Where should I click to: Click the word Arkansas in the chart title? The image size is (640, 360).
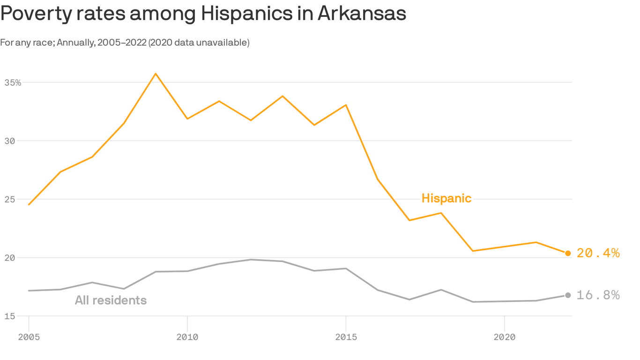pyautogui.click(x=362, y=14)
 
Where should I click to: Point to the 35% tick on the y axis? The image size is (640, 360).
pyautogui.click(x=13, y=82)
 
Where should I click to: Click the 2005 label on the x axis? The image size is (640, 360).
pyautogui.click(x=29, y=337)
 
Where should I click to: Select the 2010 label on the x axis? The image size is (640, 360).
pyautogui.click(x=187, y=337)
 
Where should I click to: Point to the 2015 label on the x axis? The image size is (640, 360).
pyautogui.click(x=346, y=337)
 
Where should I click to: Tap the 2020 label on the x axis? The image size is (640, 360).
pyautogui.click(x=504, y=337)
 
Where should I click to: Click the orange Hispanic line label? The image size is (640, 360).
pyautogui.click(x=446, y=198)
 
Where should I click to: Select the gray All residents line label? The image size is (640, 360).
pyautogui.click(x=111, y=300)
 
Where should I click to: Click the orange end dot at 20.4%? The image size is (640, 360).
pyautogui.click(x=568, y=253)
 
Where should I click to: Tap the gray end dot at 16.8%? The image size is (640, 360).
pyautogui.click(x=568, y=295)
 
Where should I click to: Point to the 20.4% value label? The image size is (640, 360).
pyautogui.click(x=598, y=253)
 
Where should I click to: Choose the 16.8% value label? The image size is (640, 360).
pyautogui.click(x=598, y=295)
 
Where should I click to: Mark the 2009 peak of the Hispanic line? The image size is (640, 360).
pyautogui.click(x=156, y=74)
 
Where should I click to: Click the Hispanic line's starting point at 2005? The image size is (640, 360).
pyautogui.click(x=29, y=205)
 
